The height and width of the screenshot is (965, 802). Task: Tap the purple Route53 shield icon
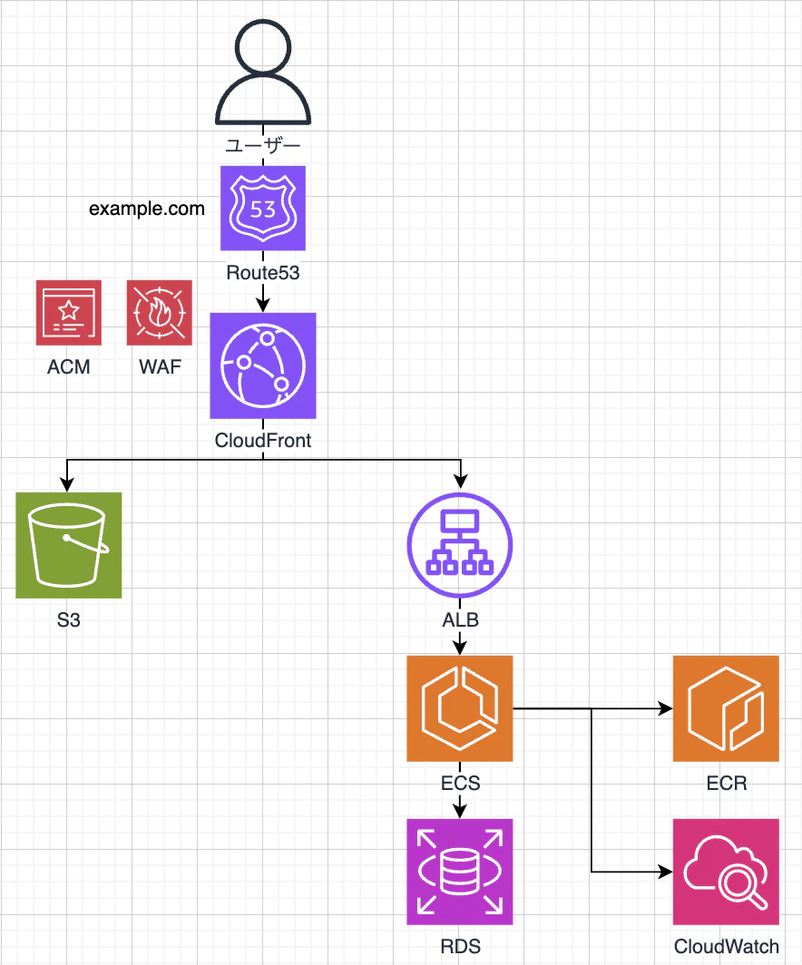pyautogui.click(x=263, y=208)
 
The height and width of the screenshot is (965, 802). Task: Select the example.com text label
pyautogui.click(x=146, y=209)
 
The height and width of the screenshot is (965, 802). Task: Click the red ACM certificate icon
pyautogui.click(x=68, y=313)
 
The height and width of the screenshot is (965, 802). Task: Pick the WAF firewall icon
pyautogui.click(x=160, y=313)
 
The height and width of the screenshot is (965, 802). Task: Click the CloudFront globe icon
pyautogui.click(x=263, y=366)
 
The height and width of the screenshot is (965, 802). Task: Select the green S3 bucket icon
pyautogui.click(x=68, y=545)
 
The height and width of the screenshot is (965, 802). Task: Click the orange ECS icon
pyautogui.click(x=460, y=708)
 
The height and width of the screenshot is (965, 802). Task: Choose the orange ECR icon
pyautogui.click(x=726, y=708)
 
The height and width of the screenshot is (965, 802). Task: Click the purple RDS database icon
pyautogui.click(x=460, y=872)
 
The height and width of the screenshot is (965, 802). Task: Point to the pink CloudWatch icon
pyautogui.click(x=726, y=872)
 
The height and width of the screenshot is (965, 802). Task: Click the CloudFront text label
pyautogui.click(x=263, y=441)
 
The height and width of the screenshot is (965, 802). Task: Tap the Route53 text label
pyautogui.click(x=263, y=273)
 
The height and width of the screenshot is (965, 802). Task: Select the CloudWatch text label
pyautogui.click(x=727, y=947)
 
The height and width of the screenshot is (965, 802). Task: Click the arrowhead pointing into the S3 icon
pyautogui.click(x=67, y=484)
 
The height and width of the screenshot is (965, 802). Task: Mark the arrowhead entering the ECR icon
pyautogui.click(x=665, y=708)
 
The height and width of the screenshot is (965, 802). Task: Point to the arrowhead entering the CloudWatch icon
pyautogui.click(x=665, y=872)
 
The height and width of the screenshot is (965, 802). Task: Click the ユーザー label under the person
pyautogui.click(x=263, y=146)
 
